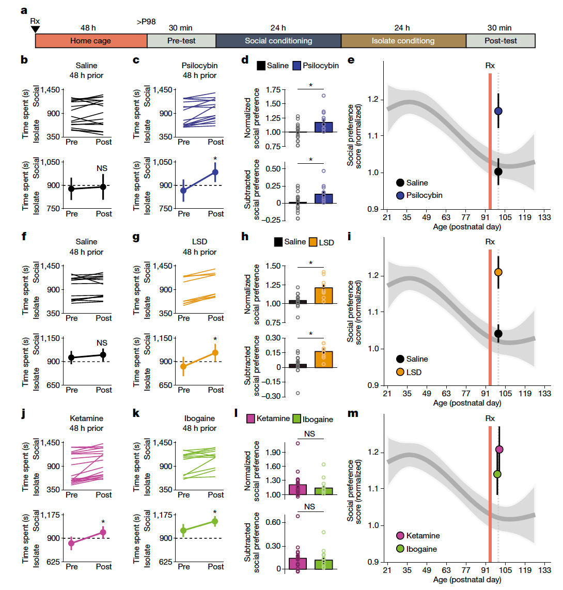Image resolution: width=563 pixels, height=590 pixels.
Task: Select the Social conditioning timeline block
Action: pyautogui.click(x=278, y=41)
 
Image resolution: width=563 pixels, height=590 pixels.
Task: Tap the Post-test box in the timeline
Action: pyautogui.click(x=500, y=41)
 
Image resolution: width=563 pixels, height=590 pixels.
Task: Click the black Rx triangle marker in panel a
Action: pyautogui.click(x=35, y=29)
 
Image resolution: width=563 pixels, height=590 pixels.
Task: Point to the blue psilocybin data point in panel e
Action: pyautogui.click(x=498, y=111)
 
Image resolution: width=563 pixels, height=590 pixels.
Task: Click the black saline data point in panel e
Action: pyautogui.click(x=498, y=172)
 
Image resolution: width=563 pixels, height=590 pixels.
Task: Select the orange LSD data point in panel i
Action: pyautogui.click(x=498, y=272)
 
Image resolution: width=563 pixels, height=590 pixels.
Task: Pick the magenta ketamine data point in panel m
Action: pyautogui.click(x=499, y=449)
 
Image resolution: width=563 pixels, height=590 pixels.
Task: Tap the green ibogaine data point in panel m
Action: pyautogui.click(x=497, y=474)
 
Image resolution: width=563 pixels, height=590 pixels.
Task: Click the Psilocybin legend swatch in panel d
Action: pyautogui.click(x=297, y=66)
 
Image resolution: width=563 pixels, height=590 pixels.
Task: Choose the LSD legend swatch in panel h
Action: pyautogui.click(x=314, y=242)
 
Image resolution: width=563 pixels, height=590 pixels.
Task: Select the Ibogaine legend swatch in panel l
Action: pyautogui.click(x=296, y=419)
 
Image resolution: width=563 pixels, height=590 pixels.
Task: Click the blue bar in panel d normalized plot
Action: pyautogui.click(x=324, y=127)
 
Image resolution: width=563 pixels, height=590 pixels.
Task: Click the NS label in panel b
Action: pyautogui.click(x=102, y=168)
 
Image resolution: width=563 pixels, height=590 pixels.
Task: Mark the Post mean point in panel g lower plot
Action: pyautogui.click(x=215, y=353)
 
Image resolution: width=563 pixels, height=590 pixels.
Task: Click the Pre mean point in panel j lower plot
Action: pyautogui.click(x=71, y=543)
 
